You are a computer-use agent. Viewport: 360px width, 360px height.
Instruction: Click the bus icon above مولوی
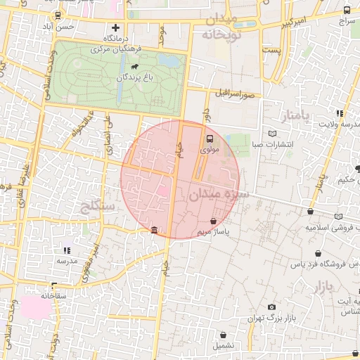tap(209, 139)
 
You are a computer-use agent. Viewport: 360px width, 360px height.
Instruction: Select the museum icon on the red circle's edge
tap(154, 230)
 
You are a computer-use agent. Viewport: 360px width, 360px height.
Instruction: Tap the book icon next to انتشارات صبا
tap(273, 134)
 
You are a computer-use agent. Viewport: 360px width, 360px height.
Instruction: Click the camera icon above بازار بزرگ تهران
tap(271, 307)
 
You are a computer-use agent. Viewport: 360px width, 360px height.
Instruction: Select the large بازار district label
tap(320, 285)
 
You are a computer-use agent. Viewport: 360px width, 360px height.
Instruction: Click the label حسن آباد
tap(76, 26)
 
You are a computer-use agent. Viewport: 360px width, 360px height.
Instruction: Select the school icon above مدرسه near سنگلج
tap(67, 250)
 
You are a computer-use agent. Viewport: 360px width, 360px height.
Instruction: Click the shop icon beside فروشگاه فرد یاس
tap(318, 253)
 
